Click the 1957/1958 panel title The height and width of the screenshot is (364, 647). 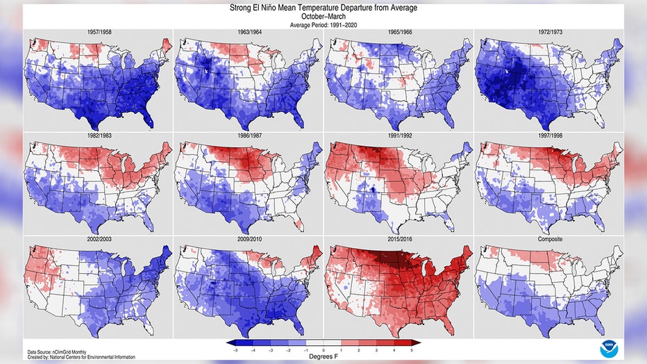coord(99,32)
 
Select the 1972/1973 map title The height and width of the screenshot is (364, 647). coord(550,32)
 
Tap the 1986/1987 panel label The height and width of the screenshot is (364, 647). coord(249,135)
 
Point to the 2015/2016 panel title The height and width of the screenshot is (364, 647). coord(399,239)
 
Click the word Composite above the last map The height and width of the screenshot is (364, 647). coord(550,239)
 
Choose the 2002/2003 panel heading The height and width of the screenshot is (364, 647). coord(99,239)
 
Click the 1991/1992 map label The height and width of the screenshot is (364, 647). coord(399,135)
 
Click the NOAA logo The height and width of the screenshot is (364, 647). coord(609,349)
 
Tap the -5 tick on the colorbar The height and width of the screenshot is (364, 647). coord(235,350)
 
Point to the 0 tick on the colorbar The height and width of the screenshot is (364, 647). coord(323,350)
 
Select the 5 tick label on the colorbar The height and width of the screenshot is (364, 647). coord(412,350)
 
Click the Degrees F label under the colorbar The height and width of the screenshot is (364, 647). coord(323,356)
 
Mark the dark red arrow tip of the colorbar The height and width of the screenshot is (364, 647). coord(421,342)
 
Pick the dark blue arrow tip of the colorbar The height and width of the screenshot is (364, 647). coord(226,342)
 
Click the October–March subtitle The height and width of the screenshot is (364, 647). coord(323,17)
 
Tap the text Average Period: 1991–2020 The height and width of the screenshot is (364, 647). coord(323,25)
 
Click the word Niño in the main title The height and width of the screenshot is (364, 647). coord(269,8)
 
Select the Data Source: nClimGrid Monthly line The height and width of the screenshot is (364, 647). coord(56,352)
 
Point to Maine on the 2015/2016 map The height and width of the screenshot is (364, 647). coord(467,253)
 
